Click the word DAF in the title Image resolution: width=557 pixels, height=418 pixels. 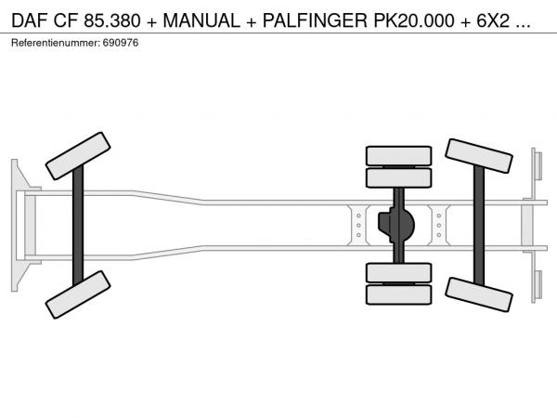[30, 20]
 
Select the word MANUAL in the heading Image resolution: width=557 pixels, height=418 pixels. [201, 20]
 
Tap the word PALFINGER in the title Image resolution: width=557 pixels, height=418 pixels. [315, 20]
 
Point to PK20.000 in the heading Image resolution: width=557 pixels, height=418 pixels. [414, 20]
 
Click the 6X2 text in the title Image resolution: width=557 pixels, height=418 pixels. [493, 20]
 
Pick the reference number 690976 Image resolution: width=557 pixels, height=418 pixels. [121, 43]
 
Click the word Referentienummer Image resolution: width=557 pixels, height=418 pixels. [56, 43]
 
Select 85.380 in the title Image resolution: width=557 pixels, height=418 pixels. [112, 20]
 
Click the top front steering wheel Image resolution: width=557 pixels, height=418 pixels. [78, 156]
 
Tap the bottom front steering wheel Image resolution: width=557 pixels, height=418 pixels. [78, 294]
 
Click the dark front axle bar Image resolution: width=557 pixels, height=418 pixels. [78, 226]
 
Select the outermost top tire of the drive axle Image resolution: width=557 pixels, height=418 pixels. [398, 156]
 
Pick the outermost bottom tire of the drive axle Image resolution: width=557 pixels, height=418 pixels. [398, 294]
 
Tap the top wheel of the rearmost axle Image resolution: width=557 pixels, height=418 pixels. [478, 156]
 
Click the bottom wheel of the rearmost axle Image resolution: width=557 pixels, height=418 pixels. [478, 294]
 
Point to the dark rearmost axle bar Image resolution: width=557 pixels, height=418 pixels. [479, 226]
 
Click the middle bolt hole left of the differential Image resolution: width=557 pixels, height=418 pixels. [358, 226]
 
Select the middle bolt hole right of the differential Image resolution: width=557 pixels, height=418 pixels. [439, 226]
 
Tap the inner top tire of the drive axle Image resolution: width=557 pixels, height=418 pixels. [398, 177]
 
